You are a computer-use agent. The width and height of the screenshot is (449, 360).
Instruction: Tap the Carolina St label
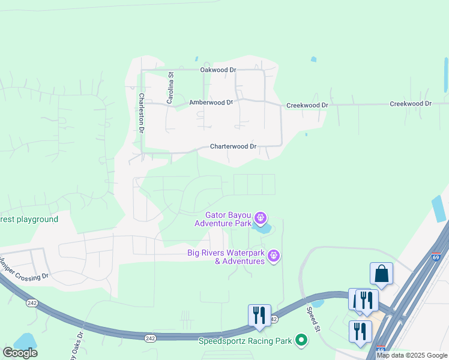tap(170, 89)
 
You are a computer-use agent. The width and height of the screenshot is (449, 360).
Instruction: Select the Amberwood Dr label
tap(211, 103)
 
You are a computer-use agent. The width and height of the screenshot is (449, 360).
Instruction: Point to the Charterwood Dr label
tap(233, 146)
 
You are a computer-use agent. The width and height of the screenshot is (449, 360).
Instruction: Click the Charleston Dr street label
tap(142, 112)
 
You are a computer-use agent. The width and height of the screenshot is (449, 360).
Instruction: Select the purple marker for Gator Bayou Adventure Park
tap(260, 217)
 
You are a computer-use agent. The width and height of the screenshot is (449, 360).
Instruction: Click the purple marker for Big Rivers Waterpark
tap(274, 256)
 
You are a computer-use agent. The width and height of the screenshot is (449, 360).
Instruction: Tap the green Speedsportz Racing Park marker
tap(301, 341)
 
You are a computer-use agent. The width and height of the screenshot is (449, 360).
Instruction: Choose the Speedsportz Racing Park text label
tap(246, 341)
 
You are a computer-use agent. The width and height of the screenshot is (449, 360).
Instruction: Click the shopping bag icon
tap(381, 274)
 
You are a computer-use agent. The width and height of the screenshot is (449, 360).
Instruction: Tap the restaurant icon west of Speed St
tap(259, 314)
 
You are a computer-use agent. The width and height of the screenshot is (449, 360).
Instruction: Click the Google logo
tap(20, 353)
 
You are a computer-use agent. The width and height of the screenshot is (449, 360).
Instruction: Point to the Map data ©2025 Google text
tap(412, 355)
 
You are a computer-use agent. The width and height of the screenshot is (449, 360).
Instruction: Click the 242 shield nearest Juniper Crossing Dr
tap(32, 303)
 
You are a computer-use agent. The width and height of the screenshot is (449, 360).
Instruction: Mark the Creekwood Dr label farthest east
tap(411, 104)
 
